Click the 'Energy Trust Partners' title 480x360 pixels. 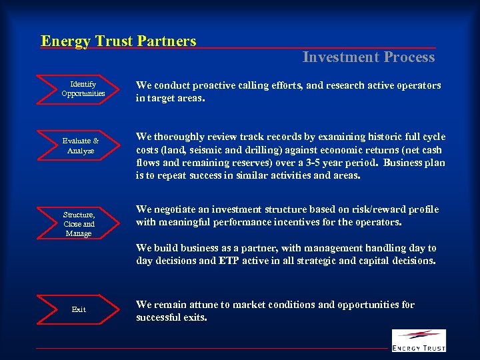tap(119, 41)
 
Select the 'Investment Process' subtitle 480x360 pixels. tap(368, 57)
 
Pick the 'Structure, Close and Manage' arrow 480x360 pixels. tap(79, 224)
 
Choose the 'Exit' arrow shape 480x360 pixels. tap(79, 309)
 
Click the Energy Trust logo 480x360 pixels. tap(418, 340)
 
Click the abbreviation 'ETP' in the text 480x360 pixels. tap(229, 261)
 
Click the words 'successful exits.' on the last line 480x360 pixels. tap(171, 317)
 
